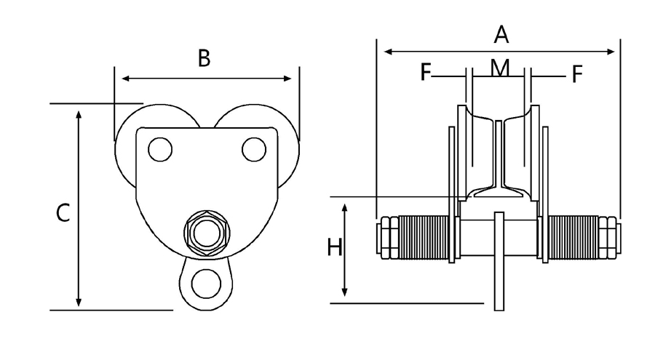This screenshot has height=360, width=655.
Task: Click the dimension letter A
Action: click(x=501, y=33)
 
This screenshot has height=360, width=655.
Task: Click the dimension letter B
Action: click(x=205, y=59)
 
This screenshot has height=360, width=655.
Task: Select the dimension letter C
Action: click(x=63, y=213)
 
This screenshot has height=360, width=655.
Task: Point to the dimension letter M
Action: click(x=499, y=68)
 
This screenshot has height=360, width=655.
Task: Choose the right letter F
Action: click(x=576, y=73)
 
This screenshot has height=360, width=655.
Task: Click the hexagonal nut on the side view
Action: click(x=207, y=233)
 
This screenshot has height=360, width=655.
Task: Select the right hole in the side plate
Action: click(x=254, y=149)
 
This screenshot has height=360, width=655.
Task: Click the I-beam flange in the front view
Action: click(x=498, y=193)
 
